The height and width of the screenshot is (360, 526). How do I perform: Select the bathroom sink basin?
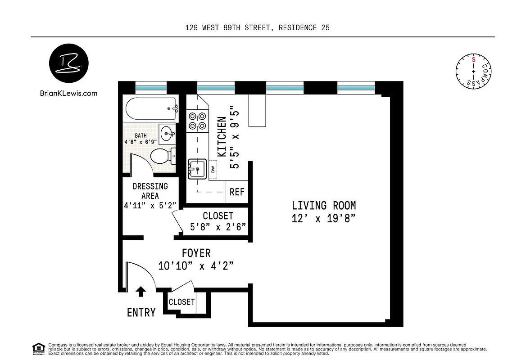click(168, 133)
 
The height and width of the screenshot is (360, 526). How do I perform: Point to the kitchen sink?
click(197, 170)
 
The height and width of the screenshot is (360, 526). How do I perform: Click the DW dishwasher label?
click(213, 170)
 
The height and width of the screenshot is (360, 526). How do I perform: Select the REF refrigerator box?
click(237, 192)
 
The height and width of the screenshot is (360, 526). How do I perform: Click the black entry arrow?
click(141, 291)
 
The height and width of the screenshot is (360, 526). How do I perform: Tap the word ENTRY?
click(141, 312)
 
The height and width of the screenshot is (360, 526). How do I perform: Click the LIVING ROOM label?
click(324, 206)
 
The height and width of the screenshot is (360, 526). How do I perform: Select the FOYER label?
click(196, 253)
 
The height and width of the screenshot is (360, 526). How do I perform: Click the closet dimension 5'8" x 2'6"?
click(218, 227)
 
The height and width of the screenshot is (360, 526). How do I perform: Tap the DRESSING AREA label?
click(150, 191)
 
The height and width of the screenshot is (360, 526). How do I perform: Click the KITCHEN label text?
click(222, 137)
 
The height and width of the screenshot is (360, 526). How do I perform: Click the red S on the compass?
click(473, 59)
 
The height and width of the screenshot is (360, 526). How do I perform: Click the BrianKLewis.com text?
click(68, 94)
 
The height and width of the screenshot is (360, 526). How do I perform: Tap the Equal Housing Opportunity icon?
click(38, 348)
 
